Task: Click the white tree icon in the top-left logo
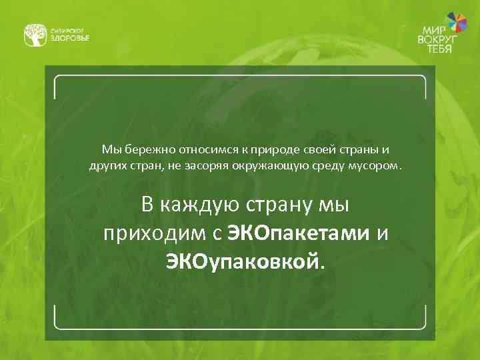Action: [x=35, y=35]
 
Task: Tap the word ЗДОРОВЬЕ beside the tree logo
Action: [x=69, y=38]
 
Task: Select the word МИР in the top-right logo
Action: [x=433, y=30]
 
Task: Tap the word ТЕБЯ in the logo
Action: [x=440, y=49]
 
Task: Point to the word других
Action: [x=105, y=165]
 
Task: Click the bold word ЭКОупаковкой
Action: [x=244, y=261]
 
